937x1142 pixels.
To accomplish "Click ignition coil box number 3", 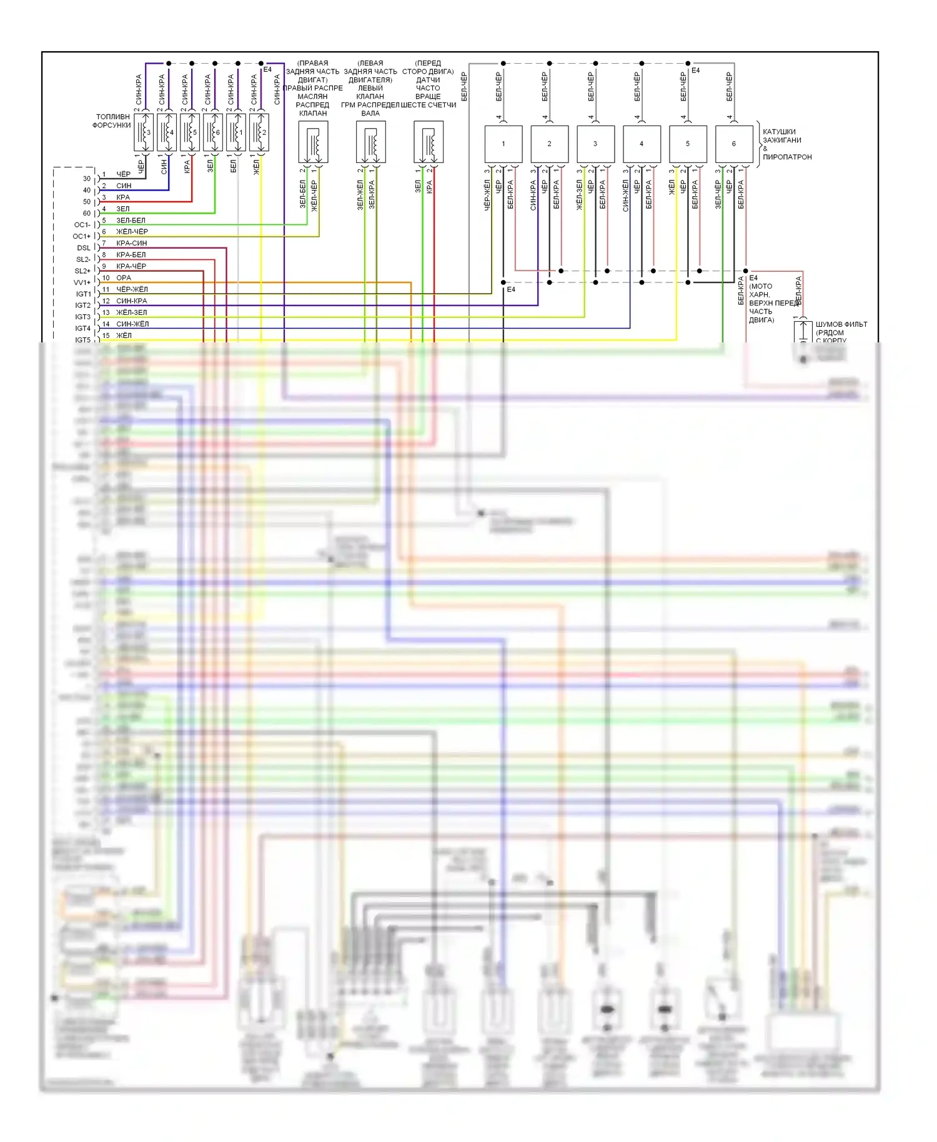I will point(595,144).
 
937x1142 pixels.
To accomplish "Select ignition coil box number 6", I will point(734,144).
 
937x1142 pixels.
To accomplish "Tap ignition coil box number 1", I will point(503,144).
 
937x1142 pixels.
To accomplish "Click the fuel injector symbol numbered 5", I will point(190,132).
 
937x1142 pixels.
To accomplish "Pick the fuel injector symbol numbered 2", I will point(259,132).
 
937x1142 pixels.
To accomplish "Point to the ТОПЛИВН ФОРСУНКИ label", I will point(112,121).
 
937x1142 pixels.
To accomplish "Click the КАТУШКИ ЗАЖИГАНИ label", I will point(781,140).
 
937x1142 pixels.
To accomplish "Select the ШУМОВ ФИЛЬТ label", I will point(841,324).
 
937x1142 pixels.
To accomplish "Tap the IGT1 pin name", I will point(83,294).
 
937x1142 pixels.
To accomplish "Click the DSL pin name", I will point(84,248).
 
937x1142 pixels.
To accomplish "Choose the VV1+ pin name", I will point(82,282).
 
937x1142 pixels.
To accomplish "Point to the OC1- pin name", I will point(82,225).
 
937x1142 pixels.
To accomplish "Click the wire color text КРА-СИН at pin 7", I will point(131,243).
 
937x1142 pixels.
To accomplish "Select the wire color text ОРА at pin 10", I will point(124,278).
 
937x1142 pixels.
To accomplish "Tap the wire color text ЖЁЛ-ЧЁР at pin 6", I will point(132,232).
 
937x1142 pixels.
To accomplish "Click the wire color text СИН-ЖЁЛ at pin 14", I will point(132,324).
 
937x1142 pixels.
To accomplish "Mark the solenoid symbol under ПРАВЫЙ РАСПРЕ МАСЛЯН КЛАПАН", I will point(313,142).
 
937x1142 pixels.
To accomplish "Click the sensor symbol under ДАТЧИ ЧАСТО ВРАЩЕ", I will point(429,142).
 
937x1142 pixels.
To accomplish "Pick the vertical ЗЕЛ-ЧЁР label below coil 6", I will point(718,194).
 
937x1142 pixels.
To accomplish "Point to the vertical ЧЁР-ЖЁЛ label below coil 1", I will point(487,194).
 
